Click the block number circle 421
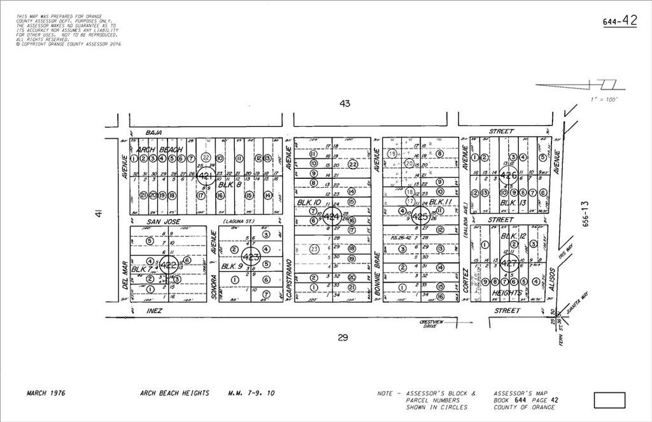(205, 175)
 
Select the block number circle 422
(169, 264)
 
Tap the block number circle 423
(252, 258)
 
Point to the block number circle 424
(331, 216)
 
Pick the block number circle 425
(420, 216)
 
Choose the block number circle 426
(508, 175)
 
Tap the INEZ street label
(155, 311)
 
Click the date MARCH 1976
(46, 393)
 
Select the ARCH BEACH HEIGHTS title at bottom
(174, 393)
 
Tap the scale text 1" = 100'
(604, 100)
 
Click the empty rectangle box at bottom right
(609, 400)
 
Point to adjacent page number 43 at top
(344, 103)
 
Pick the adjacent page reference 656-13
(586, 215)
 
